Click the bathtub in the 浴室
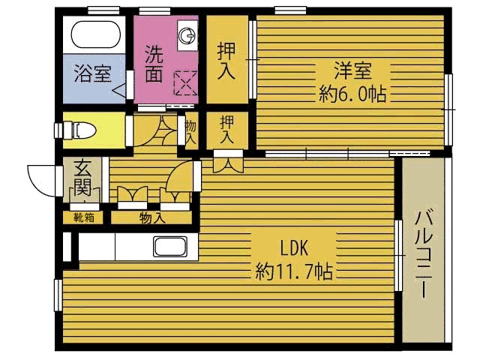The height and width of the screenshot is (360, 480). [x=95, y=34]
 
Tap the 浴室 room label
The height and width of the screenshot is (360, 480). [x=92, y=73]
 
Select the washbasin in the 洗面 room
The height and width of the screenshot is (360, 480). [x=187, y=35]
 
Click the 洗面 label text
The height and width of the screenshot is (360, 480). [x=154, y=64]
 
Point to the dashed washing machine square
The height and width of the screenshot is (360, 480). [x=185, y=83]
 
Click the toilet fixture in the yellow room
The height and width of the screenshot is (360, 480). [x=80, y=130]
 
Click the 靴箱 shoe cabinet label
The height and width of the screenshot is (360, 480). [x=84, y=218]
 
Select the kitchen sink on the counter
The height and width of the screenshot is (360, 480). [x=170, y=247]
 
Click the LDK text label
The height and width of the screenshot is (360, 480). [x=294, y=248]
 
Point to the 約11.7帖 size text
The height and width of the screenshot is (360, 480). [x=294, y=271]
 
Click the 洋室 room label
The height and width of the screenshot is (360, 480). [x=352, y=70]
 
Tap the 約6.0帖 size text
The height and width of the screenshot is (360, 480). [x=352, y=94]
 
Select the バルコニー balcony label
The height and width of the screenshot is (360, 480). [x=423, y=253]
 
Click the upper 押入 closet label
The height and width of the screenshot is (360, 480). [x=226, y=61]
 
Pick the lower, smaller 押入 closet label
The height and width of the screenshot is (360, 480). [x=226, y=130]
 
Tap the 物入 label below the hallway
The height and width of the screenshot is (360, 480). [x=152, y=218]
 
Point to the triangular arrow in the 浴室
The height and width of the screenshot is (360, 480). [x=118, y=91]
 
